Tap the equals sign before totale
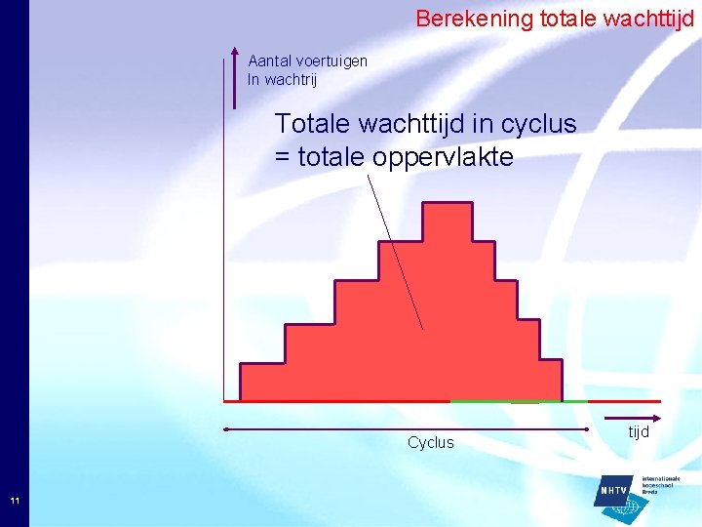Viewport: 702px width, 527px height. point(283,156)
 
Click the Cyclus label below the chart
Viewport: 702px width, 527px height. point(430,442)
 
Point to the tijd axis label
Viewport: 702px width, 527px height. point(639,431)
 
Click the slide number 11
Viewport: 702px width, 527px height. point(15,501)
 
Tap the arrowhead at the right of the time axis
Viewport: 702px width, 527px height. point(657,401)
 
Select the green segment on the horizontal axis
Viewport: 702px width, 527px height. point(517,401)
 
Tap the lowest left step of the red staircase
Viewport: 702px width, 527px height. point(261,381)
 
